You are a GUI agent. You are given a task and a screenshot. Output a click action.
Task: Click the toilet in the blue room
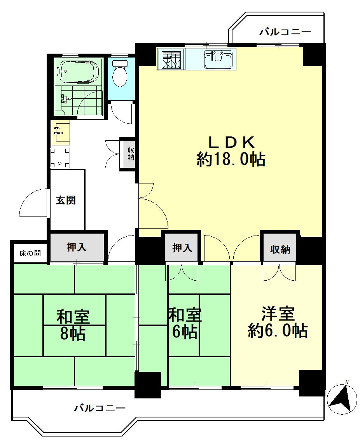coord(120,73)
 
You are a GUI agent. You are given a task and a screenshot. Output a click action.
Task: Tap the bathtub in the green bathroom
coord(78,72)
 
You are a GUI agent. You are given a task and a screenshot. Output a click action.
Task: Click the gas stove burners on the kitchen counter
coord(171,59)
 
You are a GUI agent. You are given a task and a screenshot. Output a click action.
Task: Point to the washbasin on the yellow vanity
coord(61,133)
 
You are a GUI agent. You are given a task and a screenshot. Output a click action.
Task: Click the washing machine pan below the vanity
coord(60,158)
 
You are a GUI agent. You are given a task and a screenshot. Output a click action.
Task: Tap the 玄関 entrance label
coord(66,200)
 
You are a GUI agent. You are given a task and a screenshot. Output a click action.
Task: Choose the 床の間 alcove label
coord(30,253)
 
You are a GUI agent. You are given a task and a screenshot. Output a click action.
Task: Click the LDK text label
coord(231,142)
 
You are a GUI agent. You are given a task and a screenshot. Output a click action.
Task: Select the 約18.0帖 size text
coord(231,159)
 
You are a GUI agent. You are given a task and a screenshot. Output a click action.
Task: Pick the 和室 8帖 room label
coord(73,325)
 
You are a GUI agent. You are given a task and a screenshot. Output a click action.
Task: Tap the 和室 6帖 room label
coord(185,323)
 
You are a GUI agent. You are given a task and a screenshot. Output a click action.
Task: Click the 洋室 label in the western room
coord(278,313)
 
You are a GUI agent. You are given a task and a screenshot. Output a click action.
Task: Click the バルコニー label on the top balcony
coord(285,32)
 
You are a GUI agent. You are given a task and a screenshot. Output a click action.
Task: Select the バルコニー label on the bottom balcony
coord(100,408)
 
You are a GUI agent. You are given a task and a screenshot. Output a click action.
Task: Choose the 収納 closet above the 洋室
coord(280,249)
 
